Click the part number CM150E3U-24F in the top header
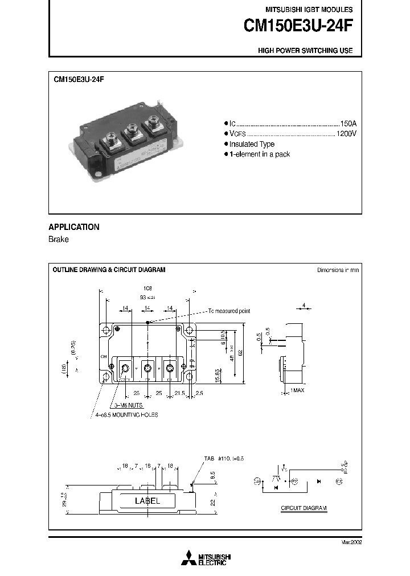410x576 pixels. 298,26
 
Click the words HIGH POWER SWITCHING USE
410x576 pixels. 305,51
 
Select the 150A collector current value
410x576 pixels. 348,124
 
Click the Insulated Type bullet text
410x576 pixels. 252,144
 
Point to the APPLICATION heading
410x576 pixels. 74,227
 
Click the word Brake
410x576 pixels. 59,240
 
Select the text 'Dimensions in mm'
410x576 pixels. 338,270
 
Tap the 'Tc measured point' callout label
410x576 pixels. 228,311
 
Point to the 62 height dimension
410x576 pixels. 241,353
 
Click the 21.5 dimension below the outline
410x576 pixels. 180,393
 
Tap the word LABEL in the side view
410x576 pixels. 147,501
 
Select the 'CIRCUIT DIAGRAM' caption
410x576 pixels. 305,508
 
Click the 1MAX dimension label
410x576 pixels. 298,390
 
